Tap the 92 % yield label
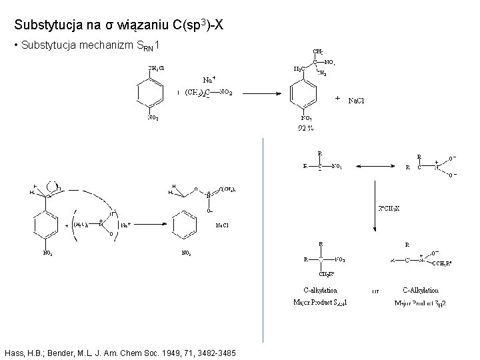click(306, 128)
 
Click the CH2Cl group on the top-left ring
click(156, 67)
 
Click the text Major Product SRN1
click(320, 303)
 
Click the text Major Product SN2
click(421, 303)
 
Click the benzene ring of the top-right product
click(303, 91)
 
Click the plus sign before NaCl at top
click(337, 98)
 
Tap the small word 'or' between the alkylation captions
click(375, 291)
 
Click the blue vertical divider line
click(264, 240)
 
